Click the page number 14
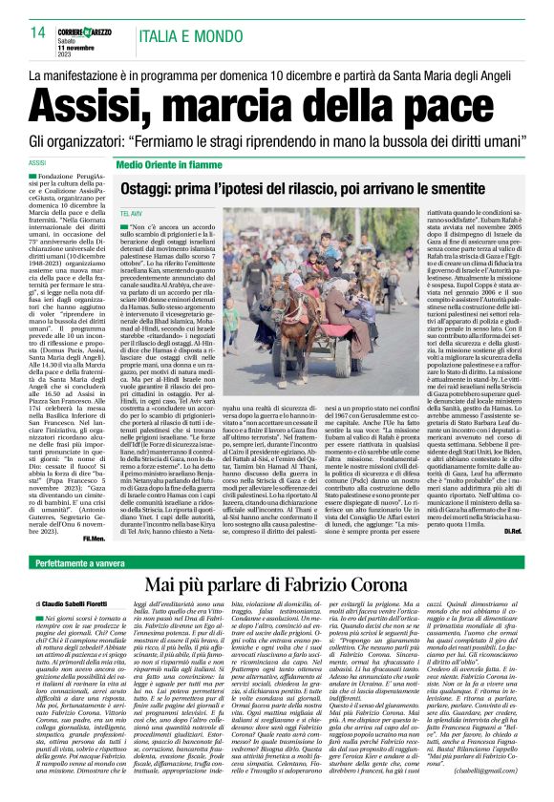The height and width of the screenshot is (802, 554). pyautogui.click(x=37, y=32)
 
